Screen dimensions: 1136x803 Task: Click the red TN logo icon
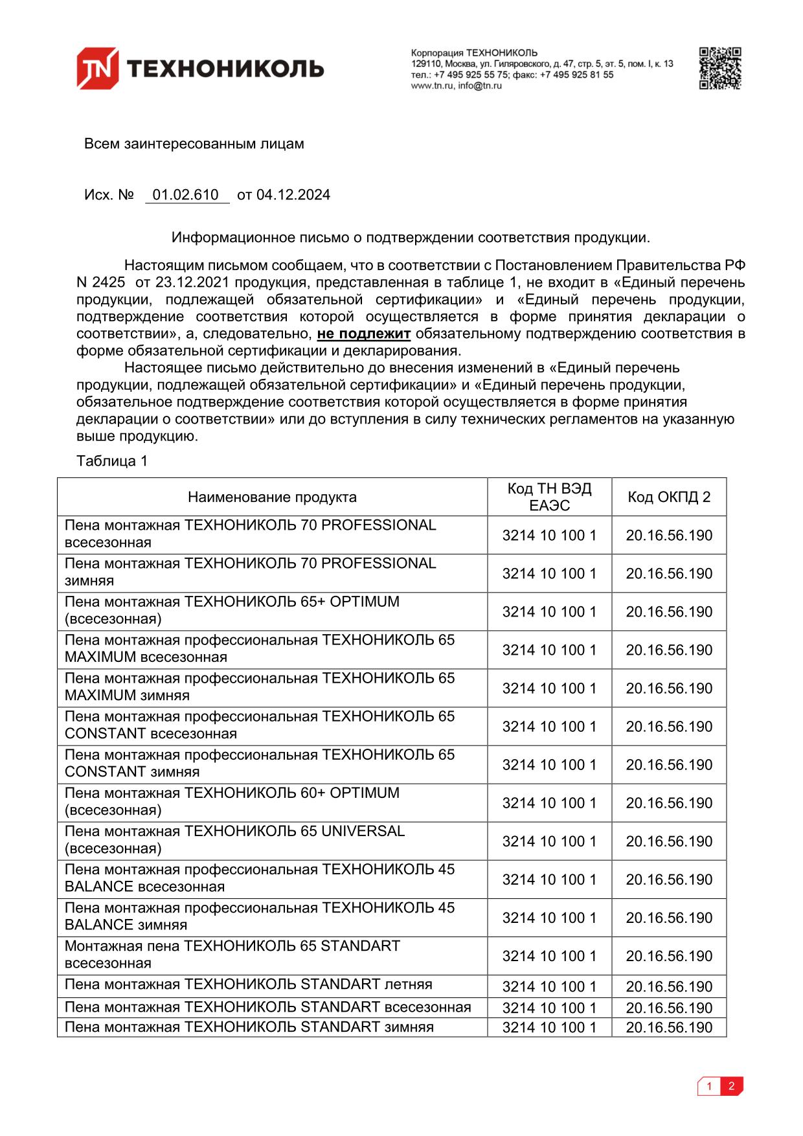[97, 67]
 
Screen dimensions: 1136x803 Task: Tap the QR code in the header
[719, 68]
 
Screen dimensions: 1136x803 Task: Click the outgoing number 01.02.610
[186, 195]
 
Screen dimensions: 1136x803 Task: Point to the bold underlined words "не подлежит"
[363, 334]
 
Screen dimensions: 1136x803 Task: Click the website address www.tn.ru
[431, 85]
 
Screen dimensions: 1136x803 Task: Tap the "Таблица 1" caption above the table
[112, 461]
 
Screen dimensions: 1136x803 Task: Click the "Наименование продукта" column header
[272, 497]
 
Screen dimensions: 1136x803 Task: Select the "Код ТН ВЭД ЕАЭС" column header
[549, 497]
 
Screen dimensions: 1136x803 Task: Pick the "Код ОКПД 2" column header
[669, 497]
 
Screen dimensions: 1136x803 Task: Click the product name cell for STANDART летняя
[249, 985]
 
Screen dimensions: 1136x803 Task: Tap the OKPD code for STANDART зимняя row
[669, 1028]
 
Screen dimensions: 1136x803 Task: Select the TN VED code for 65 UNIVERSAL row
[549, 841]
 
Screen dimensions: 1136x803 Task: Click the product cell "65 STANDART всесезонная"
[232, 955]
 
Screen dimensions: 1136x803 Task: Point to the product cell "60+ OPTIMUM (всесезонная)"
[232, 802]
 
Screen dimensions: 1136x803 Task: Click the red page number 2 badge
[732, 1086]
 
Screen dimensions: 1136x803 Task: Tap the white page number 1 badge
[709, 1086]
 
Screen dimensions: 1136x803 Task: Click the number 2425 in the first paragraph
[109, 283]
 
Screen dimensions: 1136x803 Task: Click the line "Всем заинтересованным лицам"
[194, 144]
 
